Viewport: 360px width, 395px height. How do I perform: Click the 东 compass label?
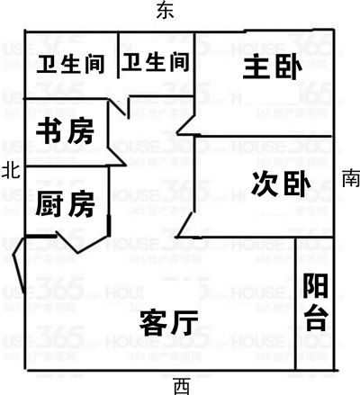pos(165,10)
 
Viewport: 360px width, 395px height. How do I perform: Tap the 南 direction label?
pos(351,177)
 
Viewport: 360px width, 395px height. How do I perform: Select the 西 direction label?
pos(182,386)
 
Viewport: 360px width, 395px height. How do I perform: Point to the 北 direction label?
pos(11,170)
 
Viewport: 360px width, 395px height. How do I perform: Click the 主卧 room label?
pos(272,66)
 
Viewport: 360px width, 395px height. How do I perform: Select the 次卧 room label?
pos(281,184)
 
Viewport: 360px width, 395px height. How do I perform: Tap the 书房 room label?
pos(65,131)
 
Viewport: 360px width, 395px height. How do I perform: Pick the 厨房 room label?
pos(65,203)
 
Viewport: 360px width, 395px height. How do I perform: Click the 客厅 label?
pos(169,323)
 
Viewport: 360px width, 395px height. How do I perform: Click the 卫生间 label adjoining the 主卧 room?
pos(155,62)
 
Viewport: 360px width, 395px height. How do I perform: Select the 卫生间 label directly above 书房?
pos(70,64)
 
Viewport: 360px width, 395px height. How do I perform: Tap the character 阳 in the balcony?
pos(315,285)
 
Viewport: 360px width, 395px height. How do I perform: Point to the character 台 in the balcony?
pos(317,319)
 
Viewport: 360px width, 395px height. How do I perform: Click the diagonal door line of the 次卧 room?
pos(184,225)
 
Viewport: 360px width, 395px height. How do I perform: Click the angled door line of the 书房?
pos(117,156)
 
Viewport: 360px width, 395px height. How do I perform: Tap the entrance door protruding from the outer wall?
pos(19,264)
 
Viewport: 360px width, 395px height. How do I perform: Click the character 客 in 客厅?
pos(153,323)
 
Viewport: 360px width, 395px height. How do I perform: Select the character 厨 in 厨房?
pos(49,203)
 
